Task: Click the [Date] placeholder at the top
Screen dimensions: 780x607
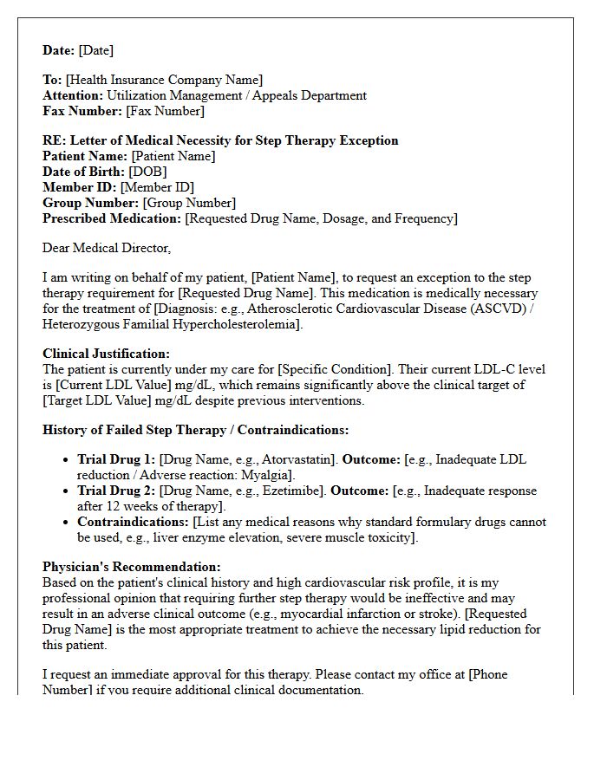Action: point(95,50)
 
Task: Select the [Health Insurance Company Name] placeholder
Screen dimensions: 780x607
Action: point(164,80)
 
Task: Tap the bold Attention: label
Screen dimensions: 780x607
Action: point(73,95)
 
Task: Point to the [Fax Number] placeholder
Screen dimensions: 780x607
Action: point(165,111)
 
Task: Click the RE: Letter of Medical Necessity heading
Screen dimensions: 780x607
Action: point(220,140)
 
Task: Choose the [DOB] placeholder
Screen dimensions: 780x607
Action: point(147,172)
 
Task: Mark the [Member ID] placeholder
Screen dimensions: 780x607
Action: point(157,187)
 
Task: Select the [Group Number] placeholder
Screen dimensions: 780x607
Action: point(188,203)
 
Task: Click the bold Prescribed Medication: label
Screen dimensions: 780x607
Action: point(112,218)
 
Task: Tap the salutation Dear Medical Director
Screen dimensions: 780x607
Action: point(107,248)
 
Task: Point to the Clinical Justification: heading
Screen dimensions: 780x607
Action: point(107,354)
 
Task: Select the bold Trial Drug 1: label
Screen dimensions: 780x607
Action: point(116,459)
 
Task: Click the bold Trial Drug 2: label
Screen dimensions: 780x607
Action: point(116,491)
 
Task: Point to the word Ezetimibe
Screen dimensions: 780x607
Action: point(286,491)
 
